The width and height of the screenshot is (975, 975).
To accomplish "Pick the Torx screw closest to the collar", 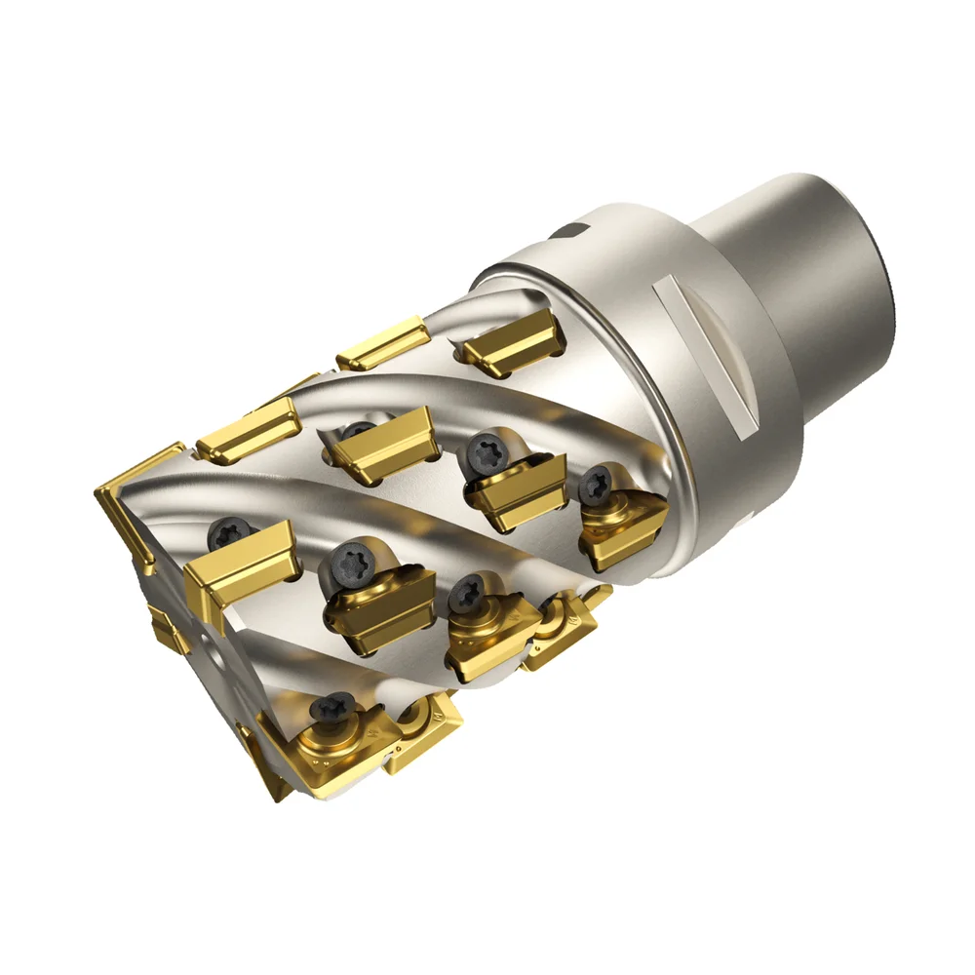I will click(x=597, y=482).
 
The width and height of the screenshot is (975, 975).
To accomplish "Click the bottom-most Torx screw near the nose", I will click(x=337, y=705).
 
